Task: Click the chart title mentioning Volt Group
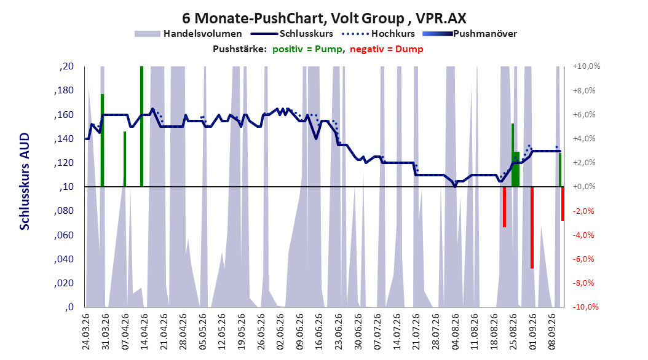pos(324,18)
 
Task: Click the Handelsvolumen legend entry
pos(189,34)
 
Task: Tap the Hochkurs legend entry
pos(378,34)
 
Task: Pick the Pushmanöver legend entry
pos(470,34)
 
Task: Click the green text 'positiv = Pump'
pos(307,49)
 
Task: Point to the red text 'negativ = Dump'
pos(387,49)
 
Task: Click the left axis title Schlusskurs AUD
pos(25,181)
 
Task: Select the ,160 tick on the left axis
pos(64,115)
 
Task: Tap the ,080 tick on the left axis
pos(64,211)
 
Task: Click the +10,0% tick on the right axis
pos(587,66)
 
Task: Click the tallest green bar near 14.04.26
pos(142,127)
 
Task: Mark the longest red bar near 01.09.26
pos(532,227)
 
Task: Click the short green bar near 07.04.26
pos(125,159)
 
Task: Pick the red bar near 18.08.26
pos(505,207)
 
